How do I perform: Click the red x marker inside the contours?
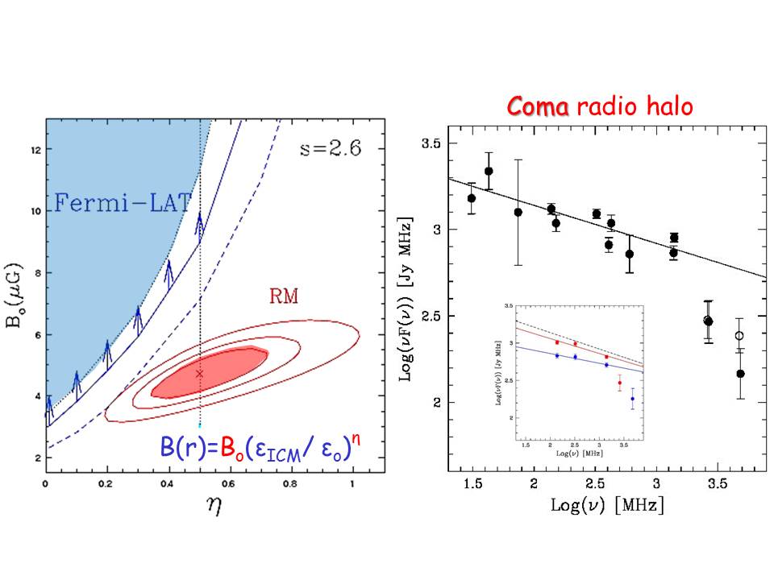point(200,373)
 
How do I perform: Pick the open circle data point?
point(739,335)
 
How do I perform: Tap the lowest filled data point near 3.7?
point(740,374)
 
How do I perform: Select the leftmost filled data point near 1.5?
point(472,198)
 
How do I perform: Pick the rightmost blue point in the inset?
point(632,399)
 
